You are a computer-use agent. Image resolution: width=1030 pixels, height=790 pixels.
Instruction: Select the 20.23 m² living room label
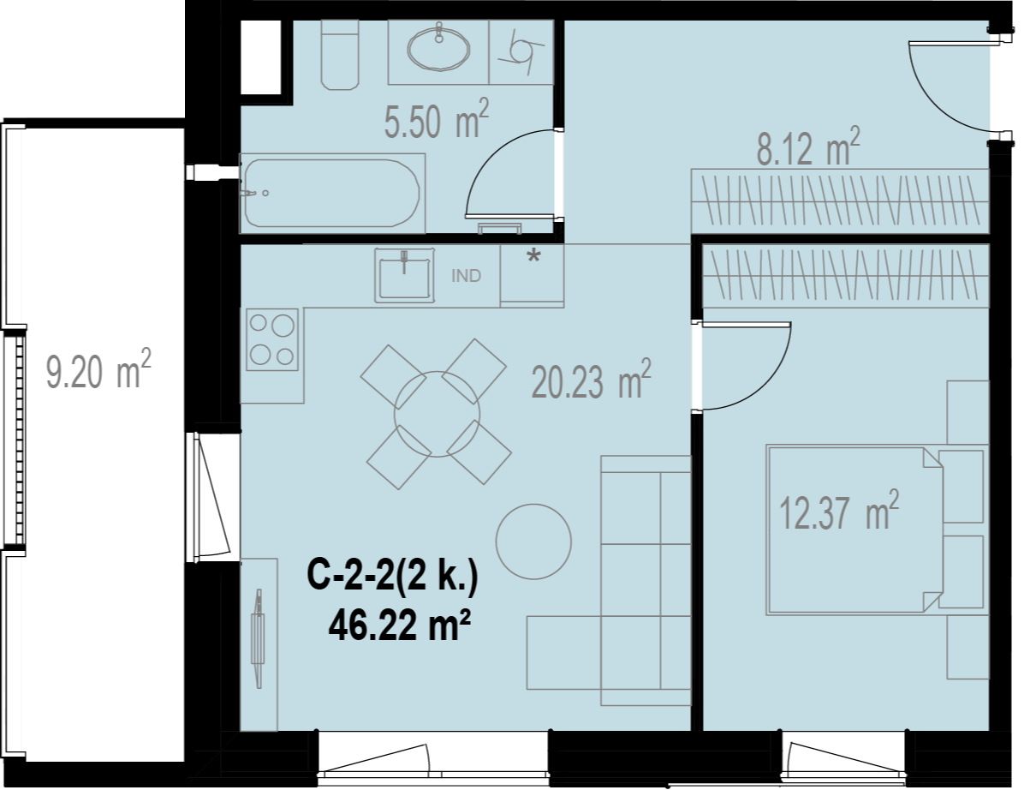591,380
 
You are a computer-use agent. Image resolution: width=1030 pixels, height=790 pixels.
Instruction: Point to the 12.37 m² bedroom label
839,511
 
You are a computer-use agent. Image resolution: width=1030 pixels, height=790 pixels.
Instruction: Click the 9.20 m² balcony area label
98,369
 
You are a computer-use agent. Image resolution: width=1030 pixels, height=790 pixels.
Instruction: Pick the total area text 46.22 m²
400,625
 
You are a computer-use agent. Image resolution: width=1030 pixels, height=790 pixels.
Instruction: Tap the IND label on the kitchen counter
466,276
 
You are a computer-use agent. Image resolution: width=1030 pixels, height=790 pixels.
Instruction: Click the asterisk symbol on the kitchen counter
533,256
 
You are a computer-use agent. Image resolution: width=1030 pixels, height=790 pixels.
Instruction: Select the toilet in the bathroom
340,55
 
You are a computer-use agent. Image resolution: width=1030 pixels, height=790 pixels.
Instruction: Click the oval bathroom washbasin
439,47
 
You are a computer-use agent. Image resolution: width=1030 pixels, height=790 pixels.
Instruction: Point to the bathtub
332,193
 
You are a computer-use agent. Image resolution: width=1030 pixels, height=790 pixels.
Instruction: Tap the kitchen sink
404,276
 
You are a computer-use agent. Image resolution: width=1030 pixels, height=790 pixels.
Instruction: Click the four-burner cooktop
272,339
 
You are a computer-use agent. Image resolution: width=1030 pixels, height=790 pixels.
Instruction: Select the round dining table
437,415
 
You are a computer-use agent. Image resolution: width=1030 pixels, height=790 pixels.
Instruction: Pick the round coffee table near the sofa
533,542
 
